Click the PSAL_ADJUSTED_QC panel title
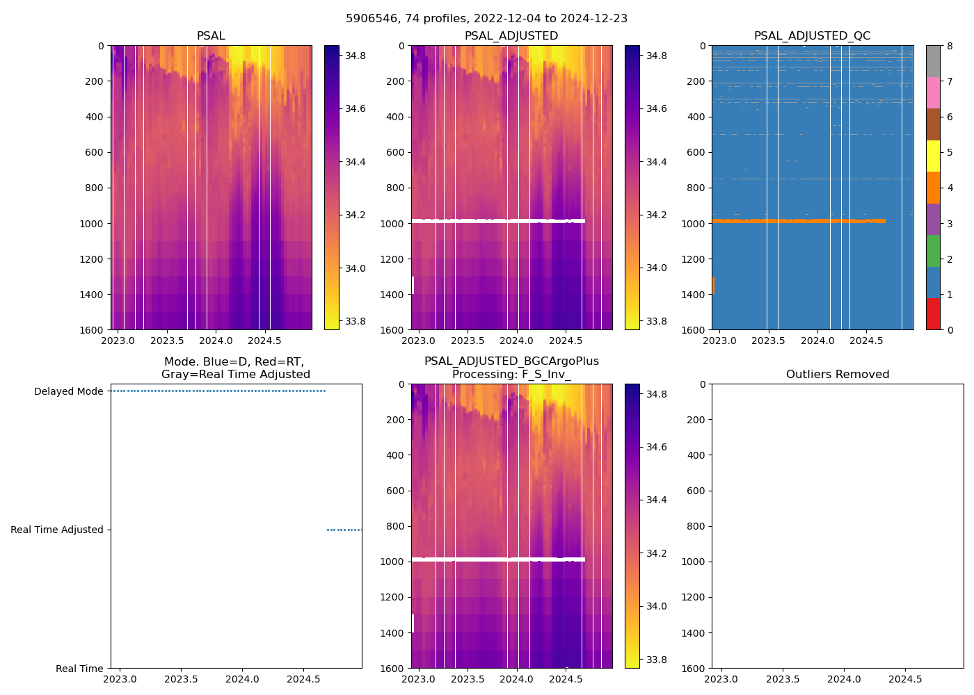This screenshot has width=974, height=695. [812, 36]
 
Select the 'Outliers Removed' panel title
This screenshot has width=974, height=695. [837, 375]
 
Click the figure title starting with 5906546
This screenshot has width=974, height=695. [486, 19]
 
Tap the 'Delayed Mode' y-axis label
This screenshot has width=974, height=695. [69, 391]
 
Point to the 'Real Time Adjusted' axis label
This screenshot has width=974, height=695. [57, 530]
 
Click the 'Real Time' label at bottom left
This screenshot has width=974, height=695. [79, 669]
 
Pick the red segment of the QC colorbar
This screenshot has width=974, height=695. [933, 313]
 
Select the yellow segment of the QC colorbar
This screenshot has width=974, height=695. [933, 156]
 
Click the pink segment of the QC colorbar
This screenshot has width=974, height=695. [933, 92]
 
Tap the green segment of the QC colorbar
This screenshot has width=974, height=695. [933, 250]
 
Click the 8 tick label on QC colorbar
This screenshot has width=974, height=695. [950, 46]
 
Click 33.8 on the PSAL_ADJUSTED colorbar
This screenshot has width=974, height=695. [657, 321]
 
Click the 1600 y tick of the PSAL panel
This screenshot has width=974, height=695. [93, 329]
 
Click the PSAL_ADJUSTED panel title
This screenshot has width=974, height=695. [511, 36]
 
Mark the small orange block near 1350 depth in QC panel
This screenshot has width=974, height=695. [713, 285]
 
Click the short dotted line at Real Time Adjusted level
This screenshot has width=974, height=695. [344, 530]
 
